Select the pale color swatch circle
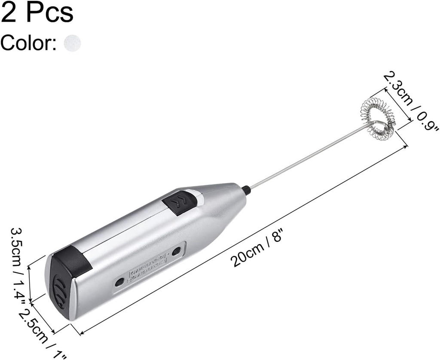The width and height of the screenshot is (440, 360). [72, 43]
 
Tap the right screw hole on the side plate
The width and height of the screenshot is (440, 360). [177, 250]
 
